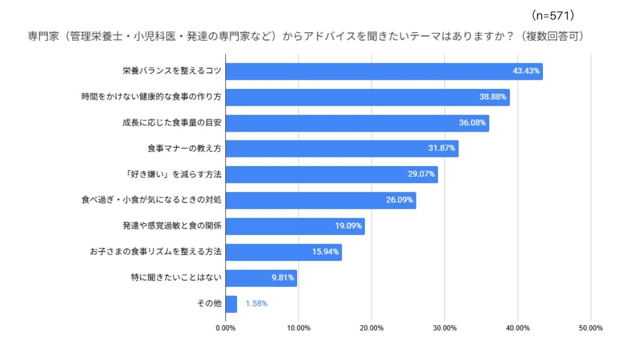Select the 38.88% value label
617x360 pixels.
point(494,97)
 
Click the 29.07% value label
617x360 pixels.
point(422,174)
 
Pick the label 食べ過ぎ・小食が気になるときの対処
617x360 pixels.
point(151,200)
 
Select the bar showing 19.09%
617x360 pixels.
point(295,226)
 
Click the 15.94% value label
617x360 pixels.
point(325,252)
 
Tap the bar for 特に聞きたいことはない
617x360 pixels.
point(261,278)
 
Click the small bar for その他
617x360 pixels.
point(231,304)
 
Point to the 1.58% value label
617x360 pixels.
point(256,304)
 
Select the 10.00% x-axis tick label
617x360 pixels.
point(299,328)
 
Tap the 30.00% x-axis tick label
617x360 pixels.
point(445,328)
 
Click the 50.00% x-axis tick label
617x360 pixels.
point(590,328)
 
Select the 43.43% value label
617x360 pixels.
point(526,71)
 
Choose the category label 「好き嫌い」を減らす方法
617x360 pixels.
point(174,174)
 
